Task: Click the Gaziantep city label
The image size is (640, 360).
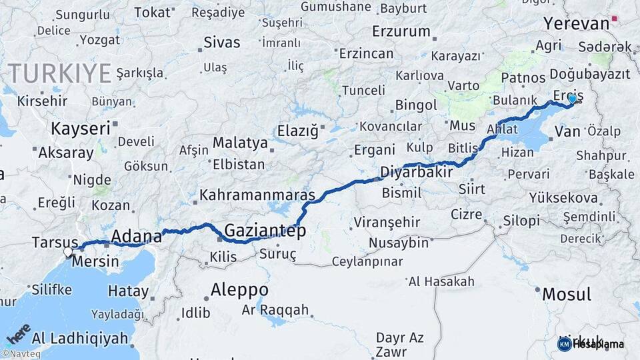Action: point(265,231)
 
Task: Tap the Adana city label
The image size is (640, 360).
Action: point(136,236)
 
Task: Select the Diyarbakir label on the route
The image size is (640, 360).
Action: point(417,172)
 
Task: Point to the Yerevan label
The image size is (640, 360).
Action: point(576,24)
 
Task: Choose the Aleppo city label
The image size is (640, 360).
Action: point(239,290)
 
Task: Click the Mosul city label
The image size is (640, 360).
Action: point(567,294)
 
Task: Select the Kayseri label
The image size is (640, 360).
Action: point(81,128)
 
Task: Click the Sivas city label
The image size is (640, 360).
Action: point(221,43)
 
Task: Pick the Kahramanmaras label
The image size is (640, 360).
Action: point(257,196)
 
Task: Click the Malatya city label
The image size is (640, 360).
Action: point(240,143)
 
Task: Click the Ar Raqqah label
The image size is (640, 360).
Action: point(275,310)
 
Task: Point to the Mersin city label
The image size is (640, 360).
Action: point(95,261)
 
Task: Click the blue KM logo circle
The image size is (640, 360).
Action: point(564,344)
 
